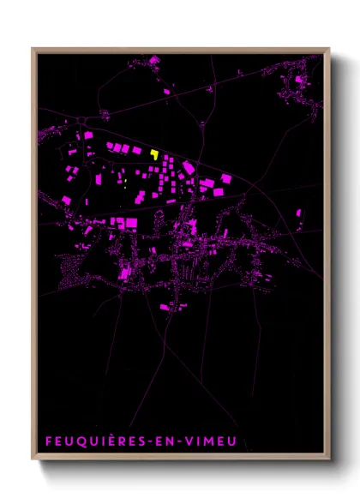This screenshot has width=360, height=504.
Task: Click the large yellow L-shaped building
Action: click(x=154, y=154)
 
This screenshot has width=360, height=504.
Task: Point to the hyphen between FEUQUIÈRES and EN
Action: click(x=156, y=442)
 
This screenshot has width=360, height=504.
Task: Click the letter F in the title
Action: click(x=49, y=441)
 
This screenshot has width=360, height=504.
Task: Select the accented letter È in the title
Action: click(x=117, y=441)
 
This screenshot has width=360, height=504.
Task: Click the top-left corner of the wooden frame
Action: click(x=33, y=49)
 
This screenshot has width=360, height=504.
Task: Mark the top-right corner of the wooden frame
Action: click(x=329, y=49)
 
